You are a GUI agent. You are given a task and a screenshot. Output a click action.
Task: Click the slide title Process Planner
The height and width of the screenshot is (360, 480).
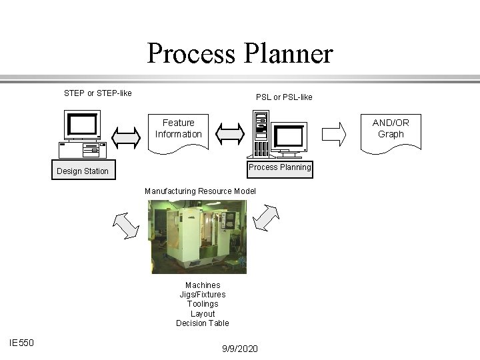(239, 53)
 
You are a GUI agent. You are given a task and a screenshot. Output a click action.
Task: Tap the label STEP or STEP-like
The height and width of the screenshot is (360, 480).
(97, 93)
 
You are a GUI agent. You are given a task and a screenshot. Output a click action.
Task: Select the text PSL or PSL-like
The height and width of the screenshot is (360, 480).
(284, 97)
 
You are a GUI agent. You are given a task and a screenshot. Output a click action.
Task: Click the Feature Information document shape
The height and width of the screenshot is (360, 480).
(178, 130)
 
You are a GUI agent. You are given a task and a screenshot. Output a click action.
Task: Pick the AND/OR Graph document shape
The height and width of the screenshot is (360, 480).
(391, 130)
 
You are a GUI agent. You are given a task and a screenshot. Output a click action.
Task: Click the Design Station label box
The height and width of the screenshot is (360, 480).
(83, 171)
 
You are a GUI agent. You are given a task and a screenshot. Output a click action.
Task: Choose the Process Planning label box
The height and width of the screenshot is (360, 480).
(279, 167)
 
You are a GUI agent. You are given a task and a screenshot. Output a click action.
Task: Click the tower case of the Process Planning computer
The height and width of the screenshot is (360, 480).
(261, 133)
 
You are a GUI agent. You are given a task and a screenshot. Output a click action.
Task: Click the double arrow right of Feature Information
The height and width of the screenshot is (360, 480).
(229, 133)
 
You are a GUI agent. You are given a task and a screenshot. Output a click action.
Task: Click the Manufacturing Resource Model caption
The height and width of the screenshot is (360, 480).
(200, 191)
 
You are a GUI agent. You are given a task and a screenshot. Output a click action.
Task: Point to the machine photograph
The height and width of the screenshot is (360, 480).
(197, 237)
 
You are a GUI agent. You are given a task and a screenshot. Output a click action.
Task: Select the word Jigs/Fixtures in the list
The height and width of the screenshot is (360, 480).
(203, 294)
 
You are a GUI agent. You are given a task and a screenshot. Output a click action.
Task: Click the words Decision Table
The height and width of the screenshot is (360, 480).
(203, 323)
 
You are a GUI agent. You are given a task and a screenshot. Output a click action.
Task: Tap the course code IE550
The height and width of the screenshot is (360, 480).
(22, 343)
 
